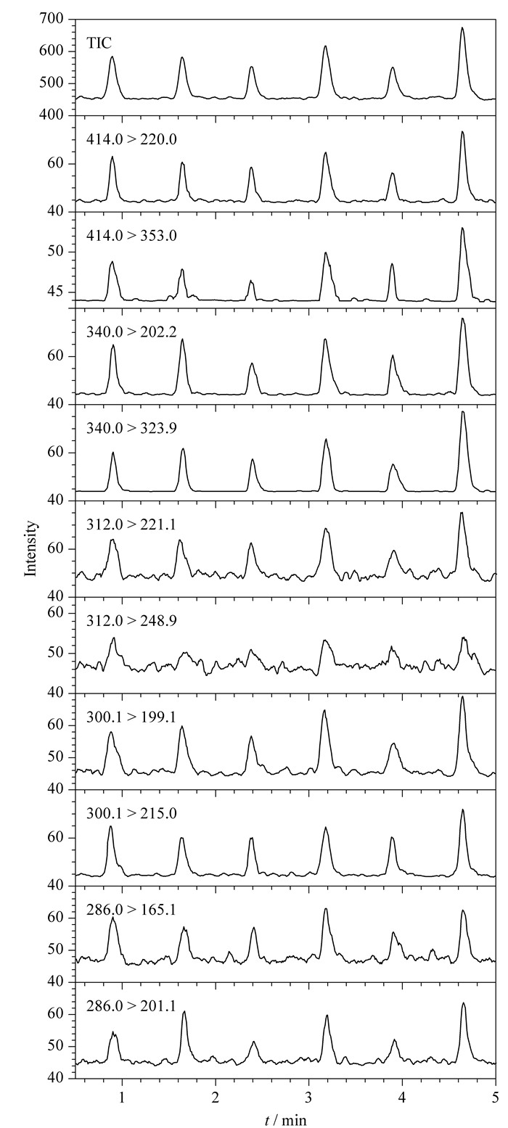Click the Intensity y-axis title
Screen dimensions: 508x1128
[32, 548]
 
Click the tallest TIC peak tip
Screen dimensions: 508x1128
[462, 27]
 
